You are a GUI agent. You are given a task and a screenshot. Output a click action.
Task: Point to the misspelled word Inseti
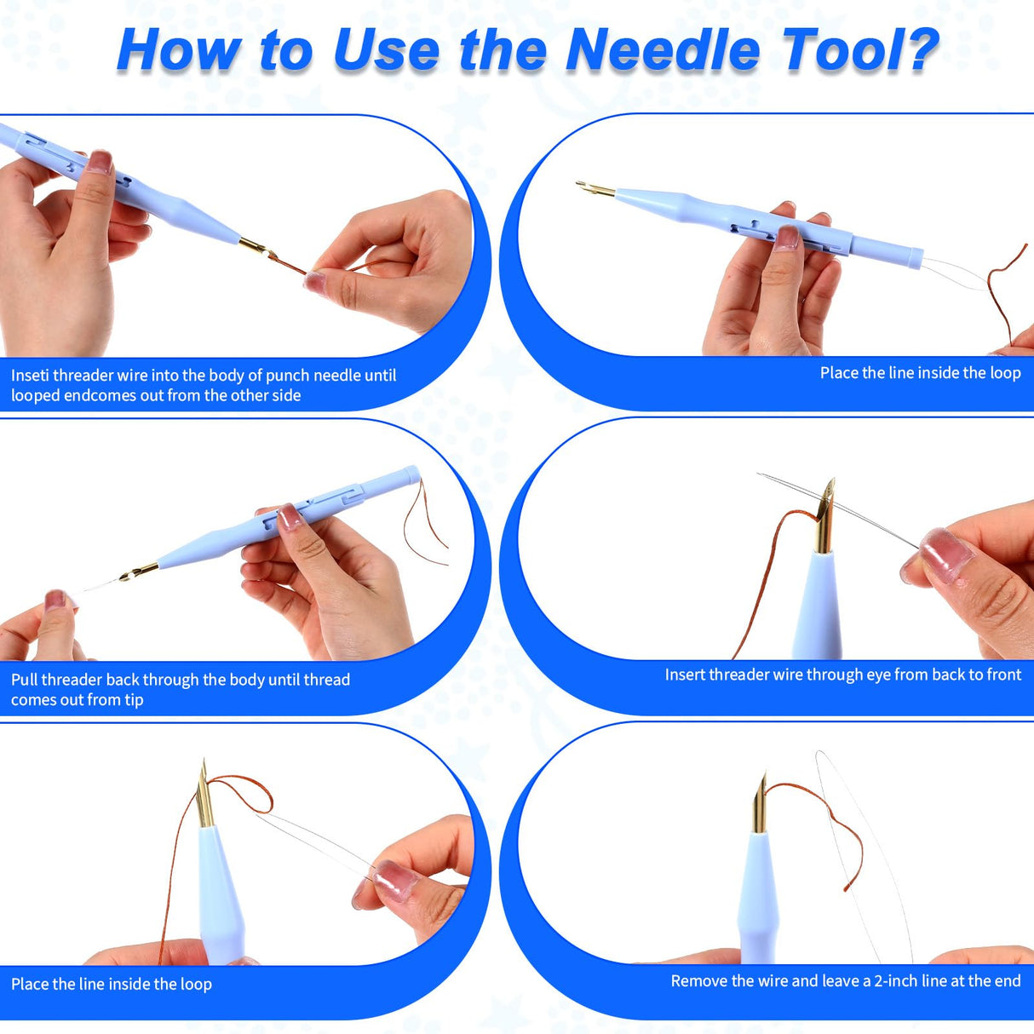(30, 376)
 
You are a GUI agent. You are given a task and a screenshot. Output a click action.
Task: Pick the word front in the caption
(1002, 675)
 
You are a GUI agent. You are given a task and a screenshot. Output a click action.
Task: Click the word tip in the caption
(134, 700)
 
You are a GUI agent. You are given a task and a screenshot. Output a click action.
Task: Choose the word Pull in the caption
(25, 680)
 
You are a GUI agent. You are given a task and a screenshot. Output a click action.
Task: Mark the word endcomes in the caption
(95, 396)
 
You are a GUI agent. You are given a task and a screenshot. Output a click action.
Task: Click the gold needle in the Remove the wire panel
(760, 805)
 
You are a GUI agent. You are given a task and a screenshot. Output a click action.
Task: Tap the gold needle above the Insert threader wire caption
(824, 516)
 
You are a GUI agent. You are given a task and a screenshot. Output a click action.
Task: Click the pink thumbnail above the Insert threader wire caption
(945, 554)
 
